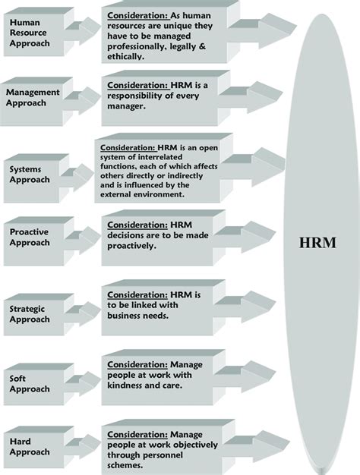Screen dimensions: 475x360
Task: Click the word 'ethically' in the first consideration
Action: click(131, 56)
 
